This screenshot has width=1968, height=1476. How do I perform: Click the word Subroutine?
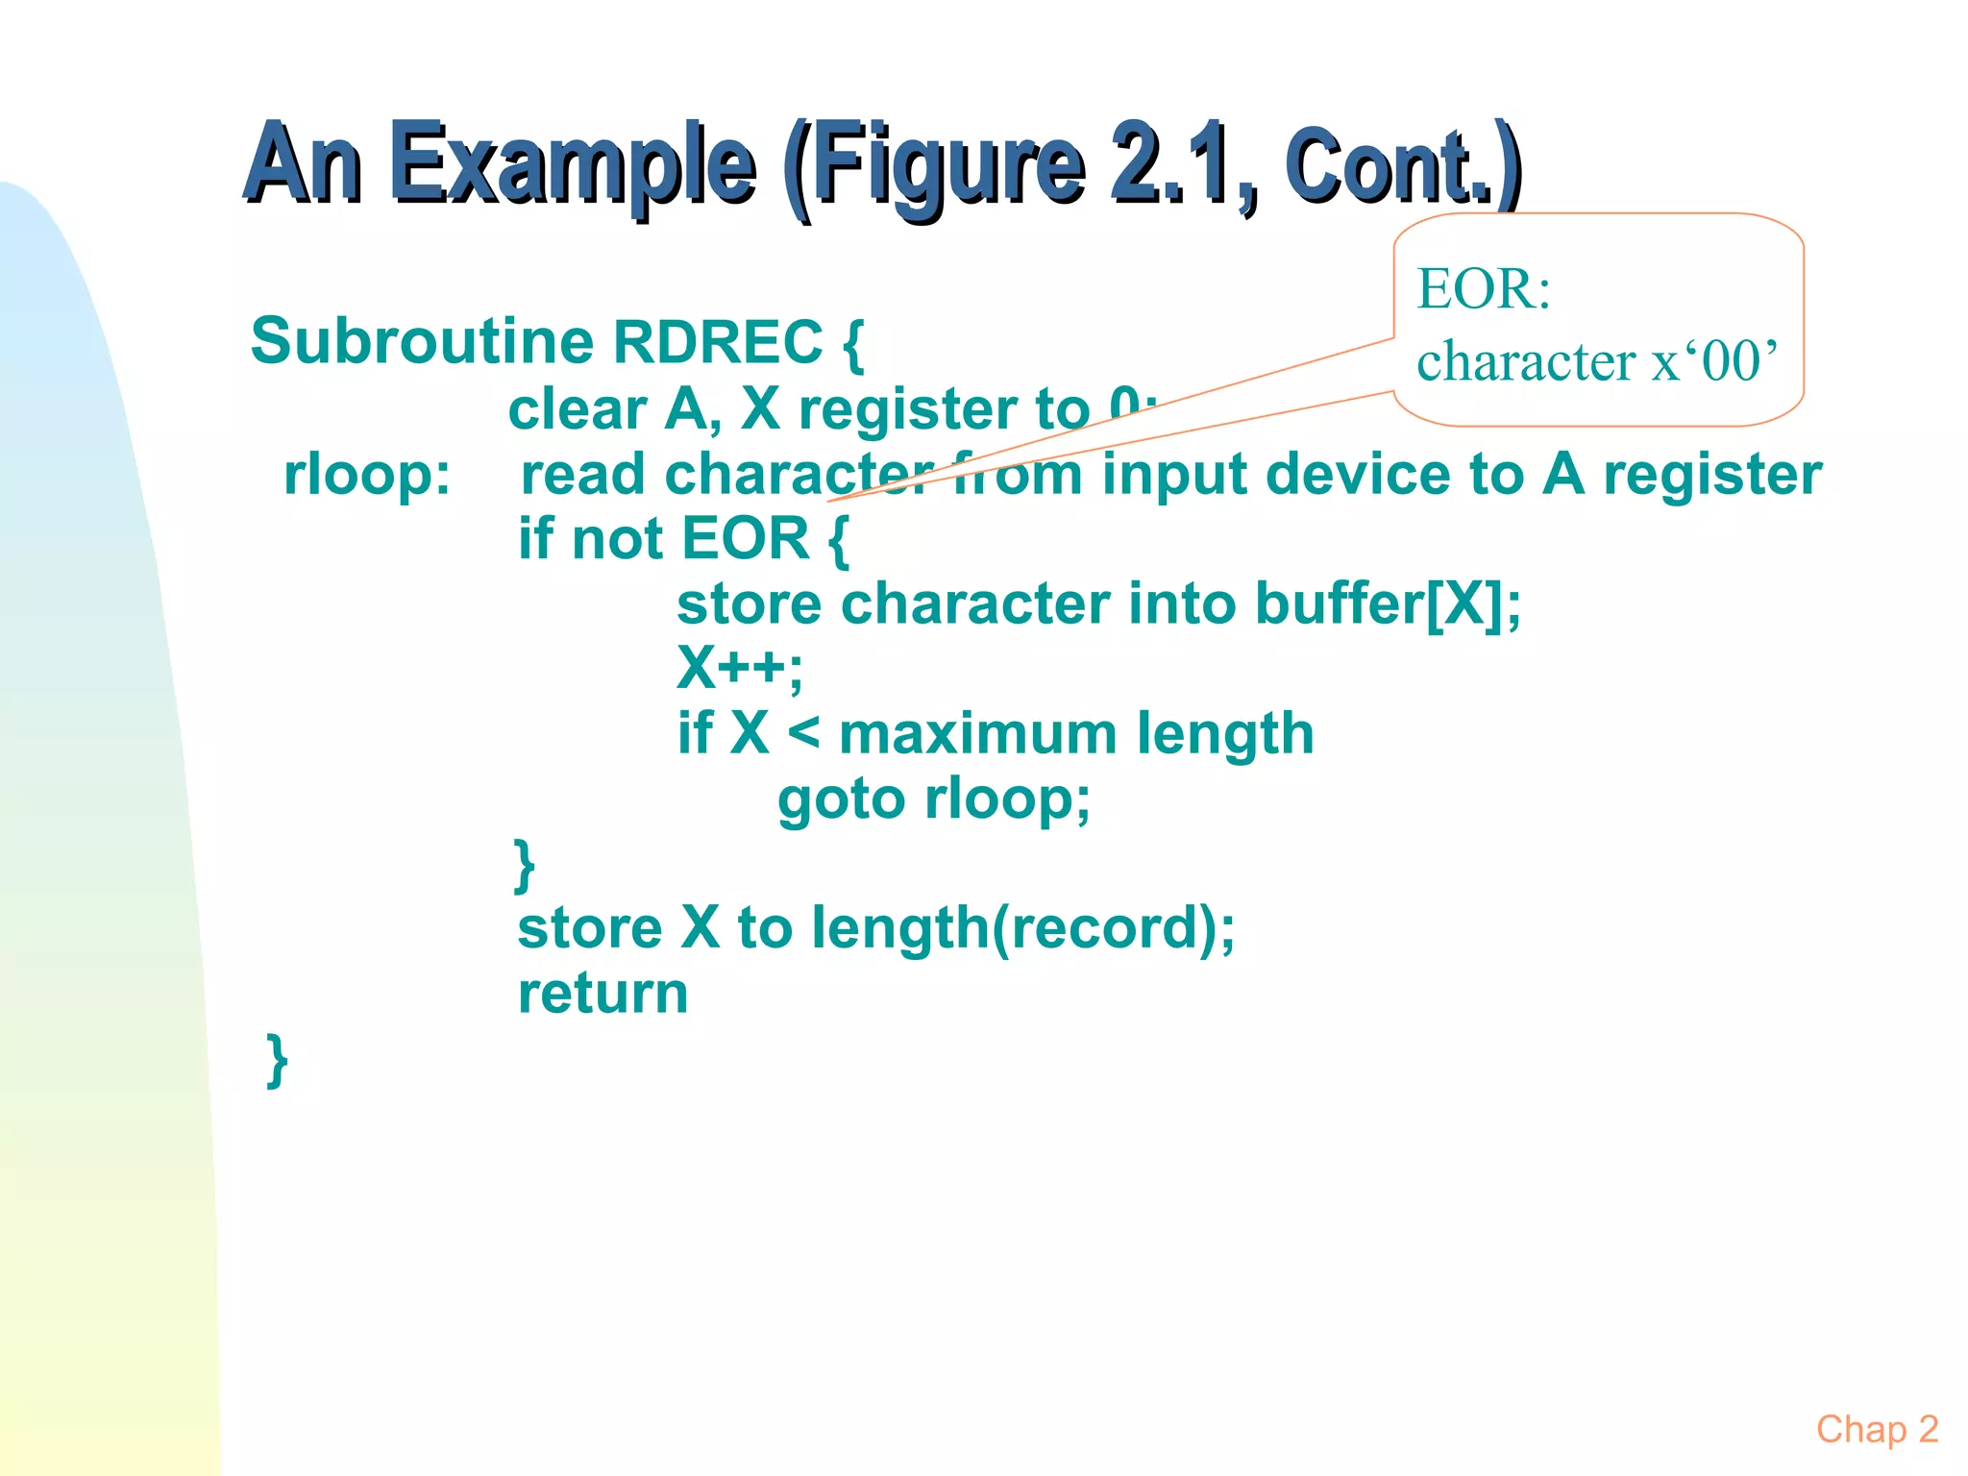(x=422, y=341)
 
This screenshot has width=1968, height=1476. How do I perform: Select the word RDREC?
(x=718, y=341)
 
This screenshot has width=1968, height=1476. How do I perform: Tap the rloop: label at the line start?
(x=367, y=475)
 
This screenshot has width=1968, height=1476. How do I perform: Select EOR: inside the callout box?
(x=1484, y=288)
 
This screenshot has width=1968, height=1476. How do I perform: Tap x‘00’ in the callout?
(x=1714, y=361)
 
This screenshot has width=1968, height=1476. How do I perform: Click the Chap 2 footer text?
(x=1877, y=1429)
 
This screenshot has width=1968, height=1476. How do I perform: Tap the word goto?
(x=841, y=799)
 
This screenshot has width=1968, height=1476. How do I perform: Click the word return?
(x=603, y=993)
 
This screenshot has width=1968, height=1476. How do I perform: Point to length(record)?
(x=1023, y=928)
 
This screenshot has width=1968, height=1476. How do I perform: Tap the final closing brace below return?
(x=277, y=1060)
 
